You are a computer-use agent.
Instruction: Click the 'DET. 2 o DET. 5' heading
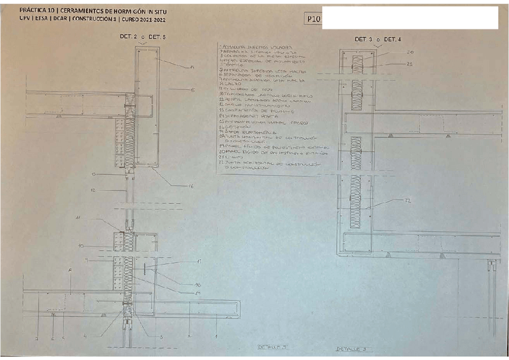[x=143, y=37]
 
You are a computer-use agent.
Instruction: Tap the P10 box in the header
[x=313, y=19]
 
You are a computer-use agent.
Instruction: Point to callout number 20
[x=410, y=53]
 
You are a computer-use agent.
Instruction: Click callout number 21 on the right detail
[x=410, y=64]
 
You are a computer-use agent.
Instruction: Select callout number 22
[x=408, y=200]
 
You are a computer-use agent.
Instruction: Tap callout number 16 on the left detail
[x=191, y=187]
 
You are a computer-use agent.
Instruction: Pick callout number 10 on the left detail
[x=80, y=246]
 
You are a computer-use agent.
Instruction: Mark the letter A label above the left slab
[x=70, y=271]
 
